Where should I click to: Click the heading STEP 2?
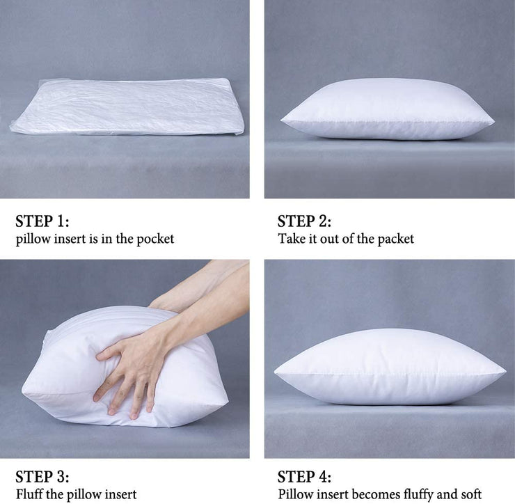(304, 221)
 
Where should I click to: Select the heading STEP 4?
(304, 477)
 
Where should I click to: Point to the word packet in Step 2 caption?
(395, 239)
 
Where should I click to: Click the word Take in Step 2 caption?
(292, 239)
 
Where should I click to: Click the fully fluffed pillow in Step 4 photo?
(390, 368)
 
